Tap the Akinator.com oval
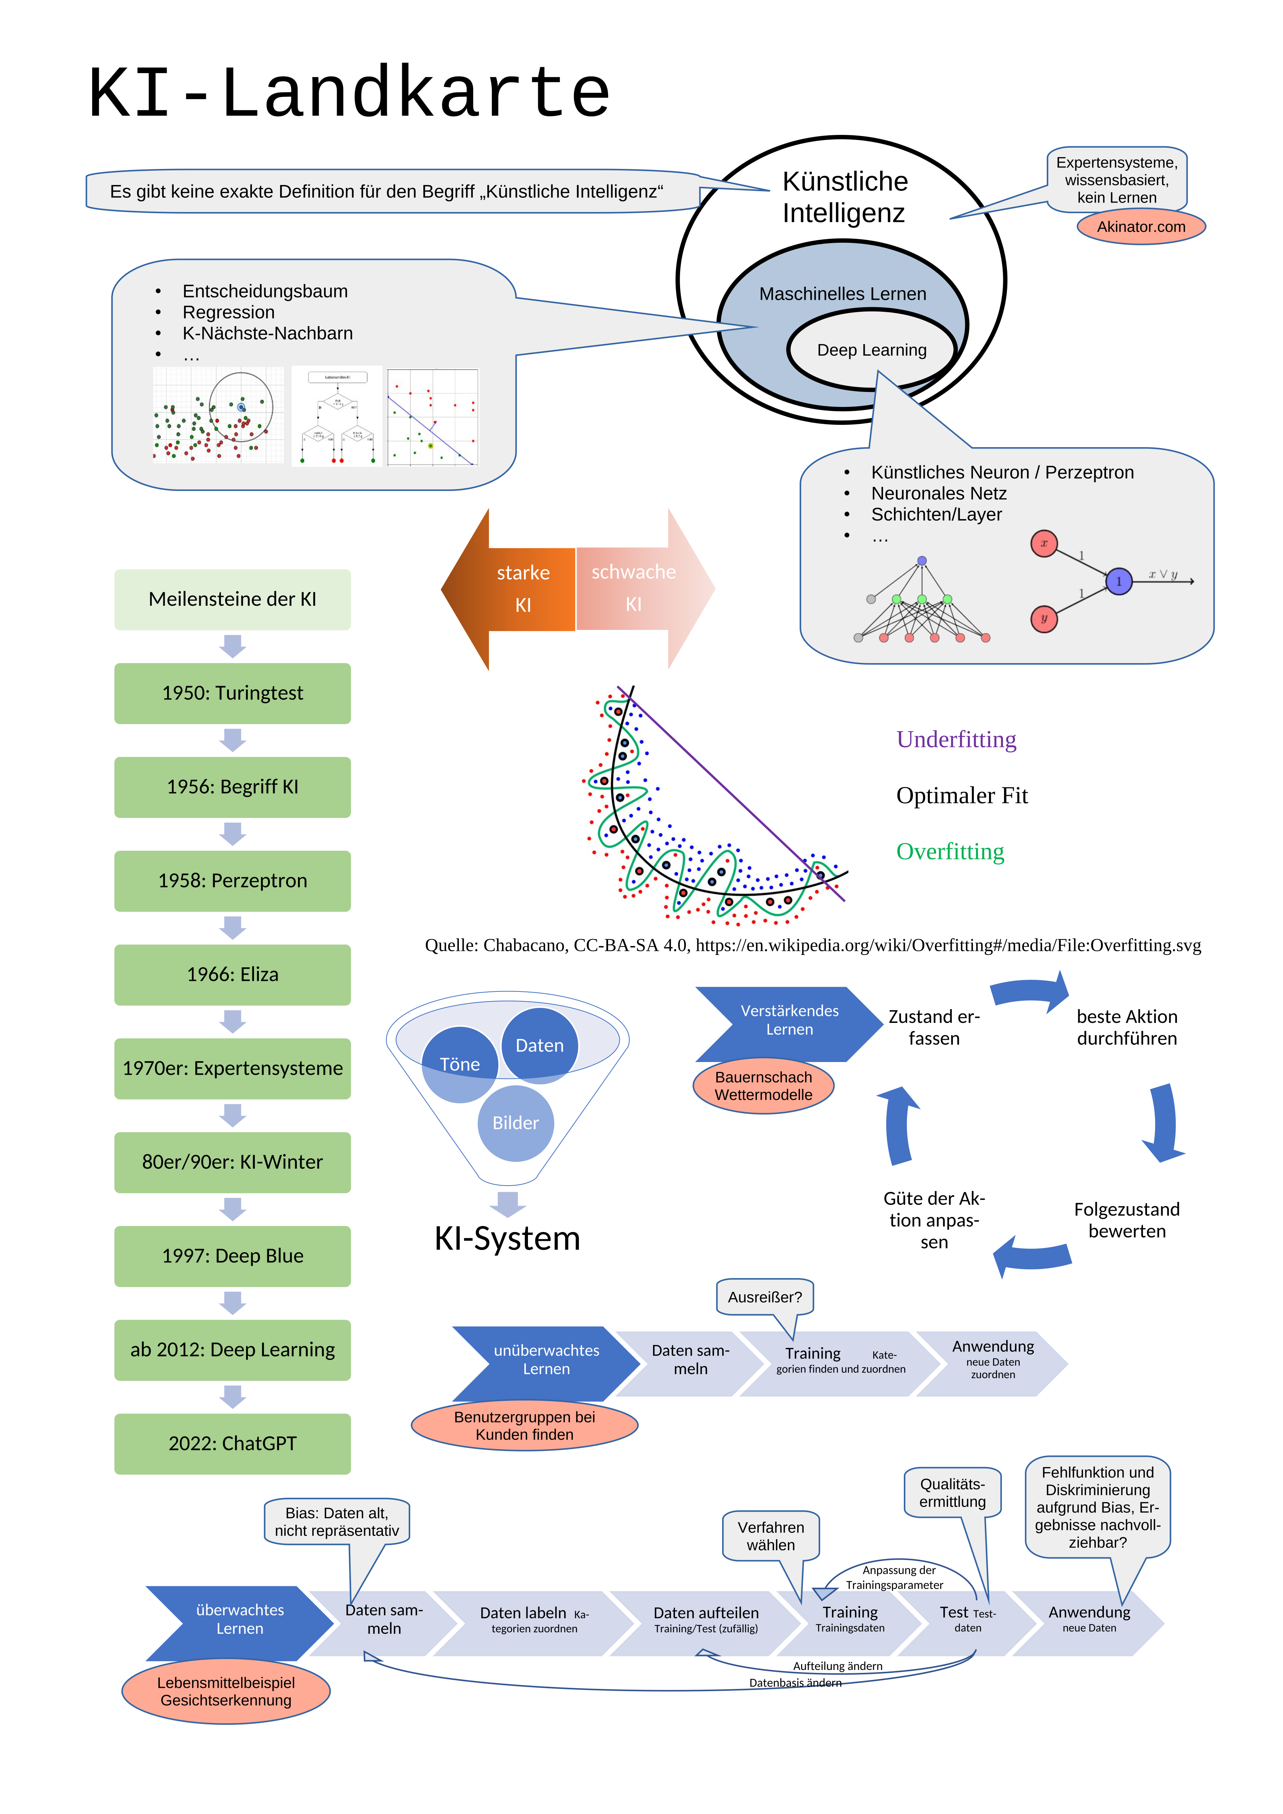[1141, 227]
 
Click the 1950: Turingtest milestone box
[232, 693]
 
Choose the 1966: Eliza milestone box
[232, 974]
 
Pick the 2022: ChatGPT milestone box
[232, 1443]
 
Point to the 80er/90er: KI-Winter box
[232, 1161]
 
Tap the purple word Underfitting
[956, 740]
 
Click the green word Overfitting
[950, 852]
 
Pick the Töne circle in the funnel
[460, 1064]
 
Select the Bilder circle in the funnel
[515, 1123]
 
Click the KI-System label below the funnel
[507, 1238]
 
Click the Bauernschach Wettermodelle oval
[763, 1086]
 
